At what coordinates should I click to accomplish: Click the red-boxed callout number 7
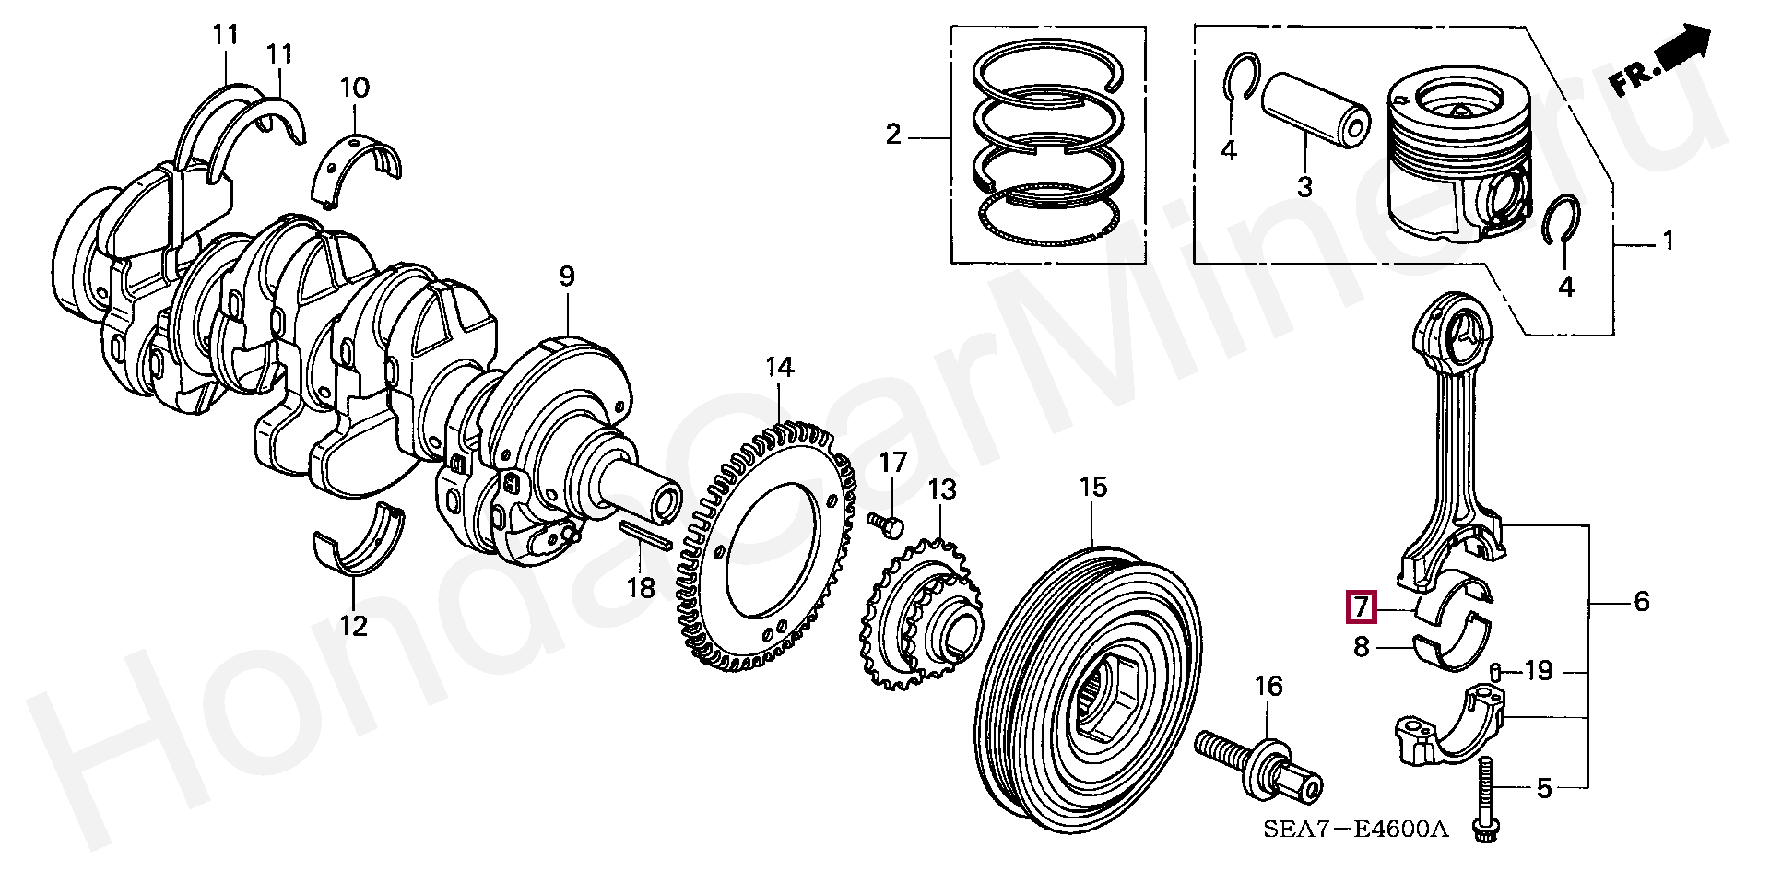point(1362,608)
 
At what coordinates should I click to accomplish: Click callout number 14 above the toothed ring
point(779,369)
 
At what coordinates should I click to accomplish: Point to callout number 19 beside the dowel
point(1539,671)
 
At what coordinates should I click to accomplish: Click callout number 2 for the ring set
point(892,135)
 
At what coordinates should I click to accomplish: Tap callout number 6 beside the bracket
point(1641,602)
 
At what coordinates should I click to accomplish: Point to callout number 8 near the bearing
point(1362,648)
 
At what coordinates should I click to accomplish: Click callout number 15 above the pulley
point(1092,487)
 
